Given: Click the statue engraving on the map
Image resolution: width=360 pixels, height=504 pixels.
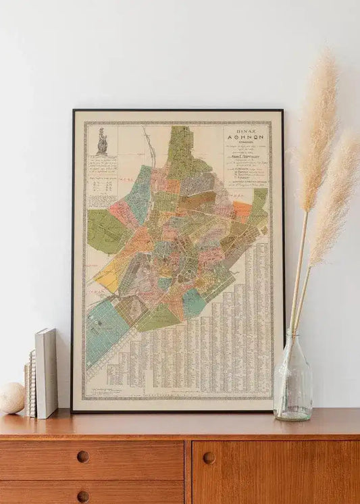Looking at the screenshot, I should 102,141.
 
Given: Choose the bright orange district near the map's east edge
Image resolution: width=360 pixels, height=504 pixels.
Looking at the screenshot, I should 242,211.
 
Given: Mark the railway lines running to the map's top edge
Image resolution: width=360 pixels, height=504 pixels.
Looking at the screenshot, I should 147,143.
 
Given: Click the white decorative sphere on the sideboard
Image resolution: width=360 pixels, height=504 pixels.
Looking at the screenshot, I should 11,398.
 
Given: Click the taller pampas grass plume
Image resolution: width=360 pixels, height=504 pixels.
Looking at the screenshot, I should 317,122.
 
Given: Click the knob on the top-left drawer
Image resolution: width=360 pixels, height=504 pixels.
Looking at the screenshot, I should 82,457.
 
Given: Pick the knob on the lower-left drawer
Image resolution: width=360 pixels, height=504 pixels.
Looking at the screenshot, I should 82,497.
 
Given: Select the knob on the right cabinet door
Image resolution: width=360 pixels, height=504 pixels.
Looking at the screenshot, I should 209,457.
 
